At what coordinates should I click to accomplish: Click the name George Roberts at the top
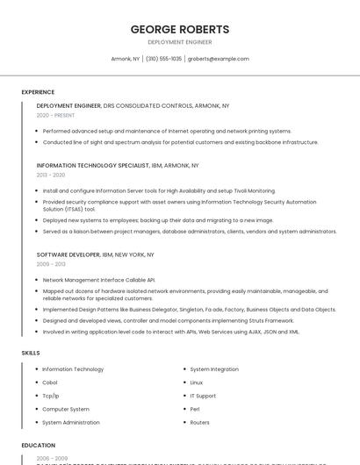point(179,29)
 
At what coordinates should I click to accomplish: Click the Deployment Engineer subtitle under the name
point(179,42)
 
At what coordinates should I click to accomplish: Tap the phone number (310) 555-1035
point(163,59)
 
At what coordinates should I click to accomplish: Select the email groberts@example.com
point(219,59)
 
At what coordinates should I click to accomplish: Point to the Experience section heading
point(38,92)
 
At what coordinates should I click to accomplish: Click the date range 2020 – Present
point(55,115)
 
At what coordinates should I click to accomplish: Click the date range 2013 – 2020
point(51,175)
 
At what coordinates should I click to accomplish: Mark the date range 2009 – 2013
point(51,264)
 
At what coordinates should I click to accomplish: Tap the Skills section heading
point(31,353)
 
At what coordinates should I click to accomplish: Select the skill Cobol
point(51,383)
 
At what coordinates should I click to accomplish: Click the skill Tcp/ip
point(51,396)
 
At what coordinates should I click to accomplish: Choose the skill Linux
point(197,383)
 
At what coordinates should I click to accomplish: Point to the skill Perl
point(195,409)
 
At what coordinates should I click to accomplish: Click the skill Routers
point(199,422)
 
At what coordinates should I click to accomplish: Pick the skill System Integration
point(213,369)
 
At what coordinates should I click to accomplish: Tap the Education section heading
point(38,446)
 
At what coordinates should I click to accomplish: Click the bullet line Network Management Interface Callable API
point(98,280)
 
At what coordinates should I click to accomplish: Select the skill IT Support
point(203,396)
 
